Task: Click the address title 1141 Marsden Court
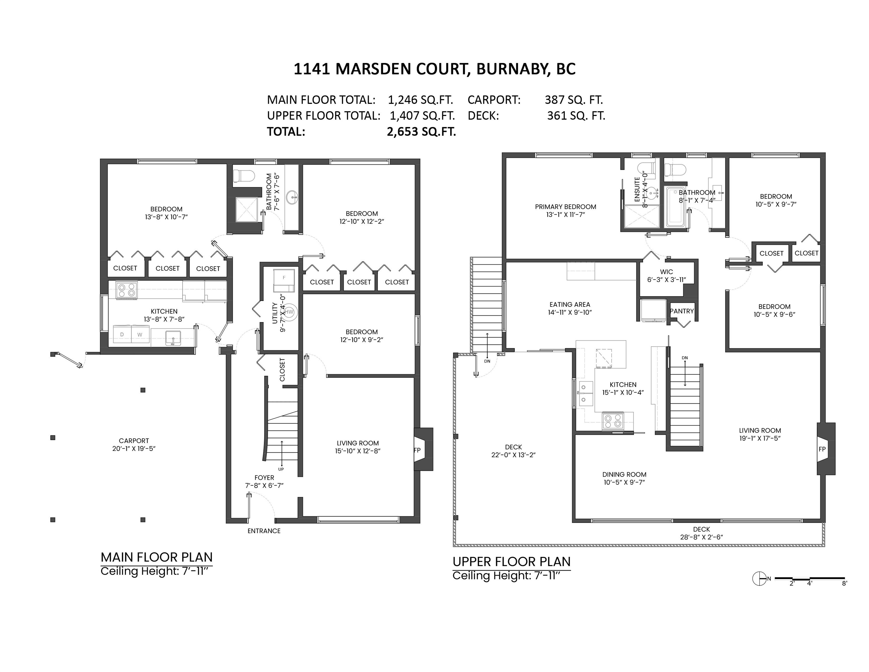point(380,69)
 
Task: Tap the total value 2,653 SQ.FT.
point(421,132)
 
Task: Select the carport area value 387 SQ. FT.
point(574,100)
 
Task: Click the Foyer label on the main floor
point(264,478)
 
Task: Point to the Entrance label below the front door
point(264,531)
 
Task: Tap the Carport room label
point(134,441)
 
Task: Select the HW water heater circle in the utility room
point(289,312)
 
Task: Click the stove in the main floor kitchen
point(127,290)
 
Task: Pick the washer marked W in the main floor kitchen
point(140,335)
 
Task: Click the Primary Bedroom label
point(565,207)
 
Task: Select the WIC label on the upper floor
point(666,272)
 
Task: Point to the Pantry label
point(682,311)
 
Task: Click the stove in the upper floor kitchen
point(613,421)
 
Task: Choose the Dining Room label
point(624,475)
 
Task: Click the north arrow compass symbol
point(759,578)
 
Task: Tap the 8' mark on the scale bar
point(844,584)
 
